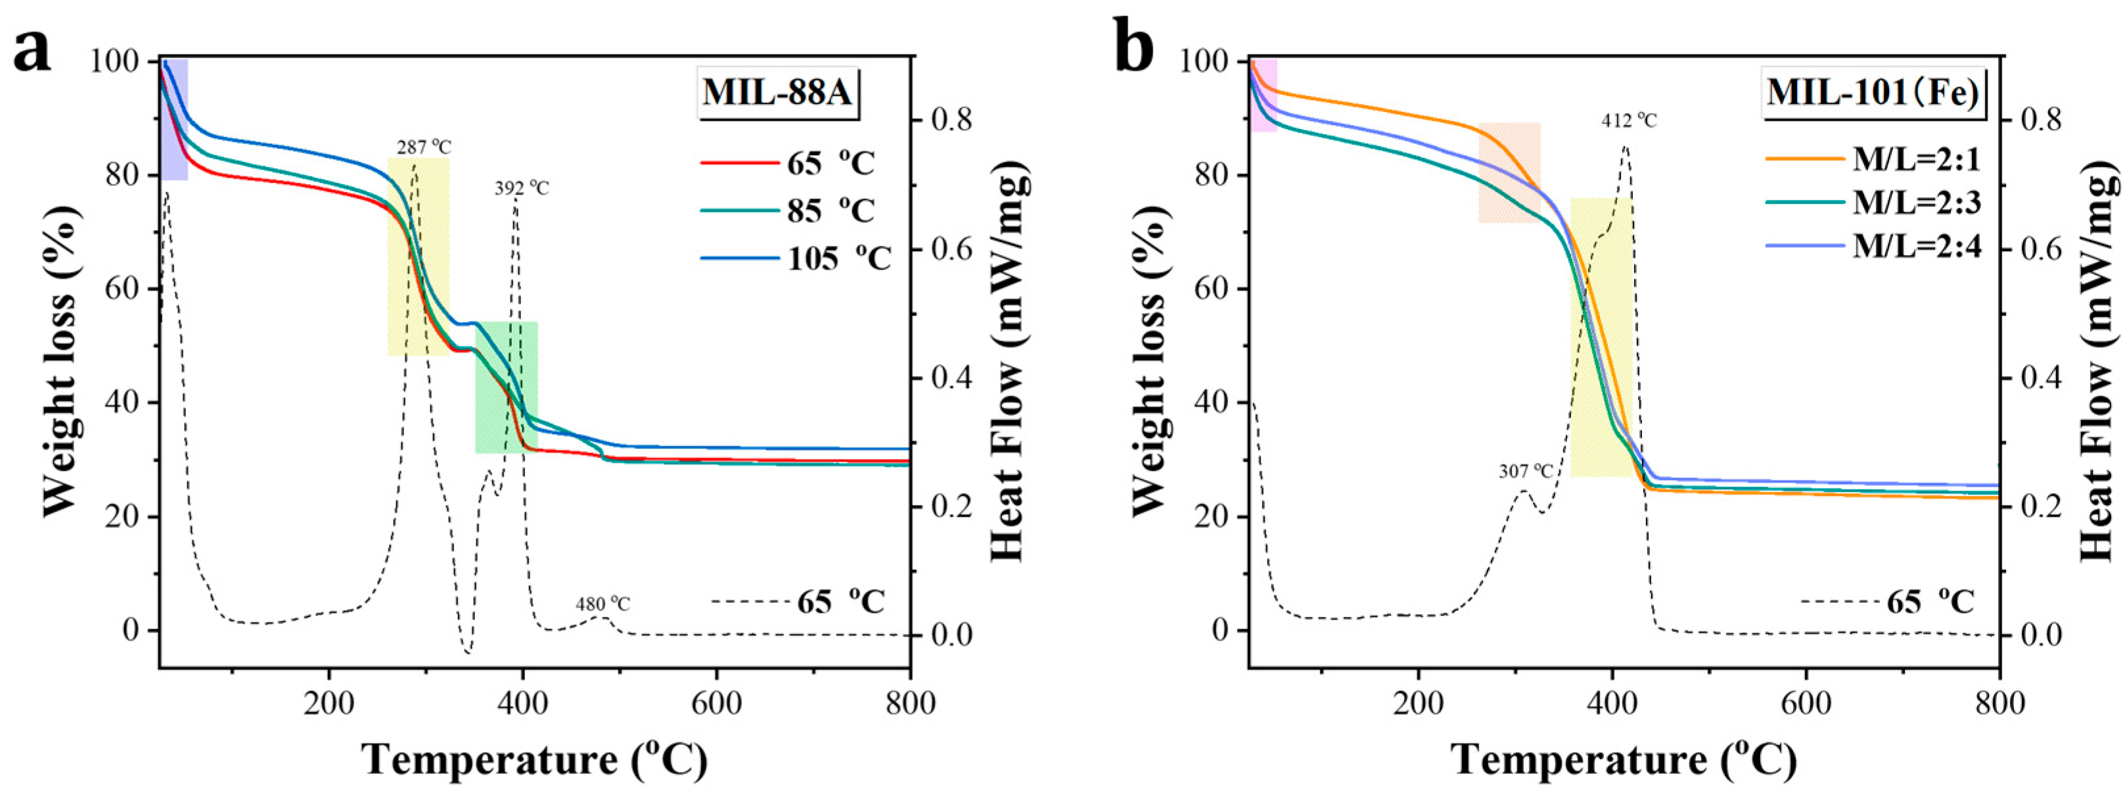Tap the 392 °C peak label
pos(521,188)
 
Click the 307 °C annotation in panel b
pos(1525,471)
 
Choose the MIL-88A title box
pos(776,93)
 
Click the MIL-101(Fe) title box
pos(1873,93)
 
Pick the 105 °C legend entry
pos(796,258)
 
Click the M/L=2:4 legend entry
pos(1873,245)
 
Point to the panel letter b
pos(1133,49)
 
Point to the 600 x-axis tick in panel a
pos(716,704)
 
